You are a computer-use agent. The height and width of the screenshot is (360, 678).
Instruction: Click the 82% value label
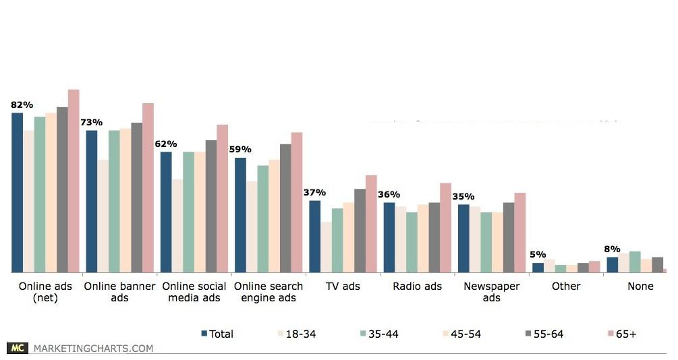click(22, 104)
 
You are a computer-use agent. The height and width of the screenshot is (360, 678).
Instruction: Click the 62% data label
click(166, 144)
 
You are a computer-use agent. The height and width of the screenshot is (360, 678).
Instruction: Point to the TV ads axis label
click(343, 286)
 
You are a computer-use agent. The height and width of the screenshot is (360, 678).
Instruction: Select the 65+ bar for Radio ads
click(445, 227)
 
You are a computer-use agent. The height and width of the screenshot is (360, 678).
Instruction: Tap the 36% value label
click(389, 194)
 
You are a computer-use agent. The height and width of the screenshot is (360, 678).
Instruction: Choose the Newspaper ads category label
click(492, 291)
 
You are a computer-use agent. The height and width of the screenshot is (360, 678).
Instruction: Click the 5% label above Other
click(538, 254)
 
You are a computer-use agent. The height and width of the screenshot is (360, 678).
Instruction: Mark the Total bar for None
click(613, 264)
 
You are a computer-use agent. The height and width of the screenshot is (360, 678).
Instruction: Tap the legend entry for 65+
click(621, 334)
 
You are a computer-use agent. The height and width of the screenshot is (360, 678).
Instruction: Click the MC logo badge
click(18, 348)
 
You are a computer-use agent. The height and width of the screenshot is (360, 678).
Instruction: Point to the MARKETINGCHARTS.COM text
click(93, 349)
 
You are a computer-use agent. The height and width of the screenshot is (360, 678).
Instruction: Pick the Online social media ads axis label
click(194, 291)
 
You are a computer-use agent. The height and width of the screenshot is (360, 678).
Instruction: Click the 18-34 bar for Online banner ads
click(103, 216)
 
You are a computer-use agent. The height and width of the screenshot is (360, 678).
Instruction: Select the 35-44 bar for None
click(635, 262)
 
